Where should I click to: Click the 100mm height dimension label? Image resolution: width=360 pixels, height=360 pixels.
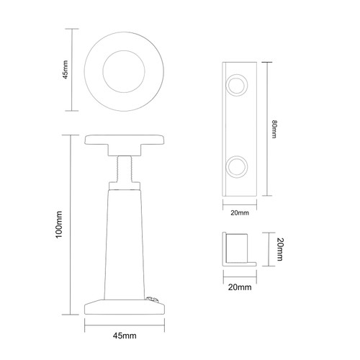(60, 225)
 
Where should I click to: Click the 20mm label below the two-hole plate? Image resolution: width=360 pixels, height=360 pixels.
(239, 213)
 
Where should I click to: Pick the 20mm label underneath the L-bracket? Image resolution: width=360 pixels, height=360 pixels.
(239, 287)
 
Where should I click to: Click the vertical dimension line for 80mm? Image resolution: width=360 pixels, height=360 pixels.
(269, 129)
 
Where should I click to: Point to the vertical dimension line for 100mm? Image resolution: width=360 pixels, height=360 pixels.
(70, 225)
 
